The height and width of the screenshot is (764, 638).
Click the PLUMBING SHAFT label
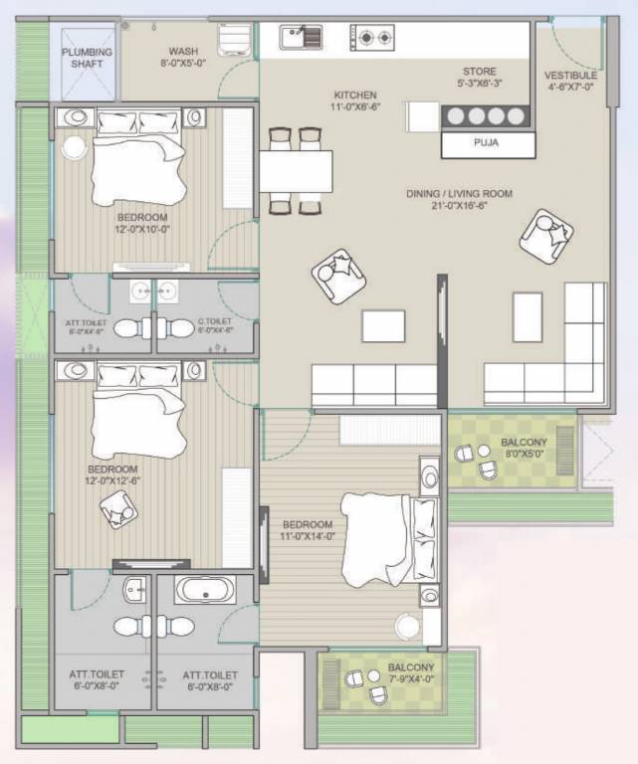88,58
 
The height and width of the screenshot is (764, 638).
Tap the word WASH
182,51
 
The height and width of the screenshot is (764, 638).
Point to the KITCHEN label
354,95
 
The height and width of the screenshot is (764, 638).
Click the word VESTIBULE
570,76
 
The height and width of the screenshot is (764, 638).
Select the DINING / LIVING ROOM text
459,194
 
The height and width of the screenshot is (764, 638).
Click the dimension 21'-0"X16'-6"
459,206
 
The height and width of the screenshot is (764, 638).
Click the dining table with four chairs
296,172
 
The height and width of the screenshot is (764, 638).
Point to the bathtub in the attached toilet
205,590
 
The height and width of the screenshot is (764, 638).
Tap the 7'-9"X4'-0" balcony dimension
410,679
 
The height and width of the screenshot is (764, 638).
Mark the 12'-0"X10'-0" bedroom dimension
142,228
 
